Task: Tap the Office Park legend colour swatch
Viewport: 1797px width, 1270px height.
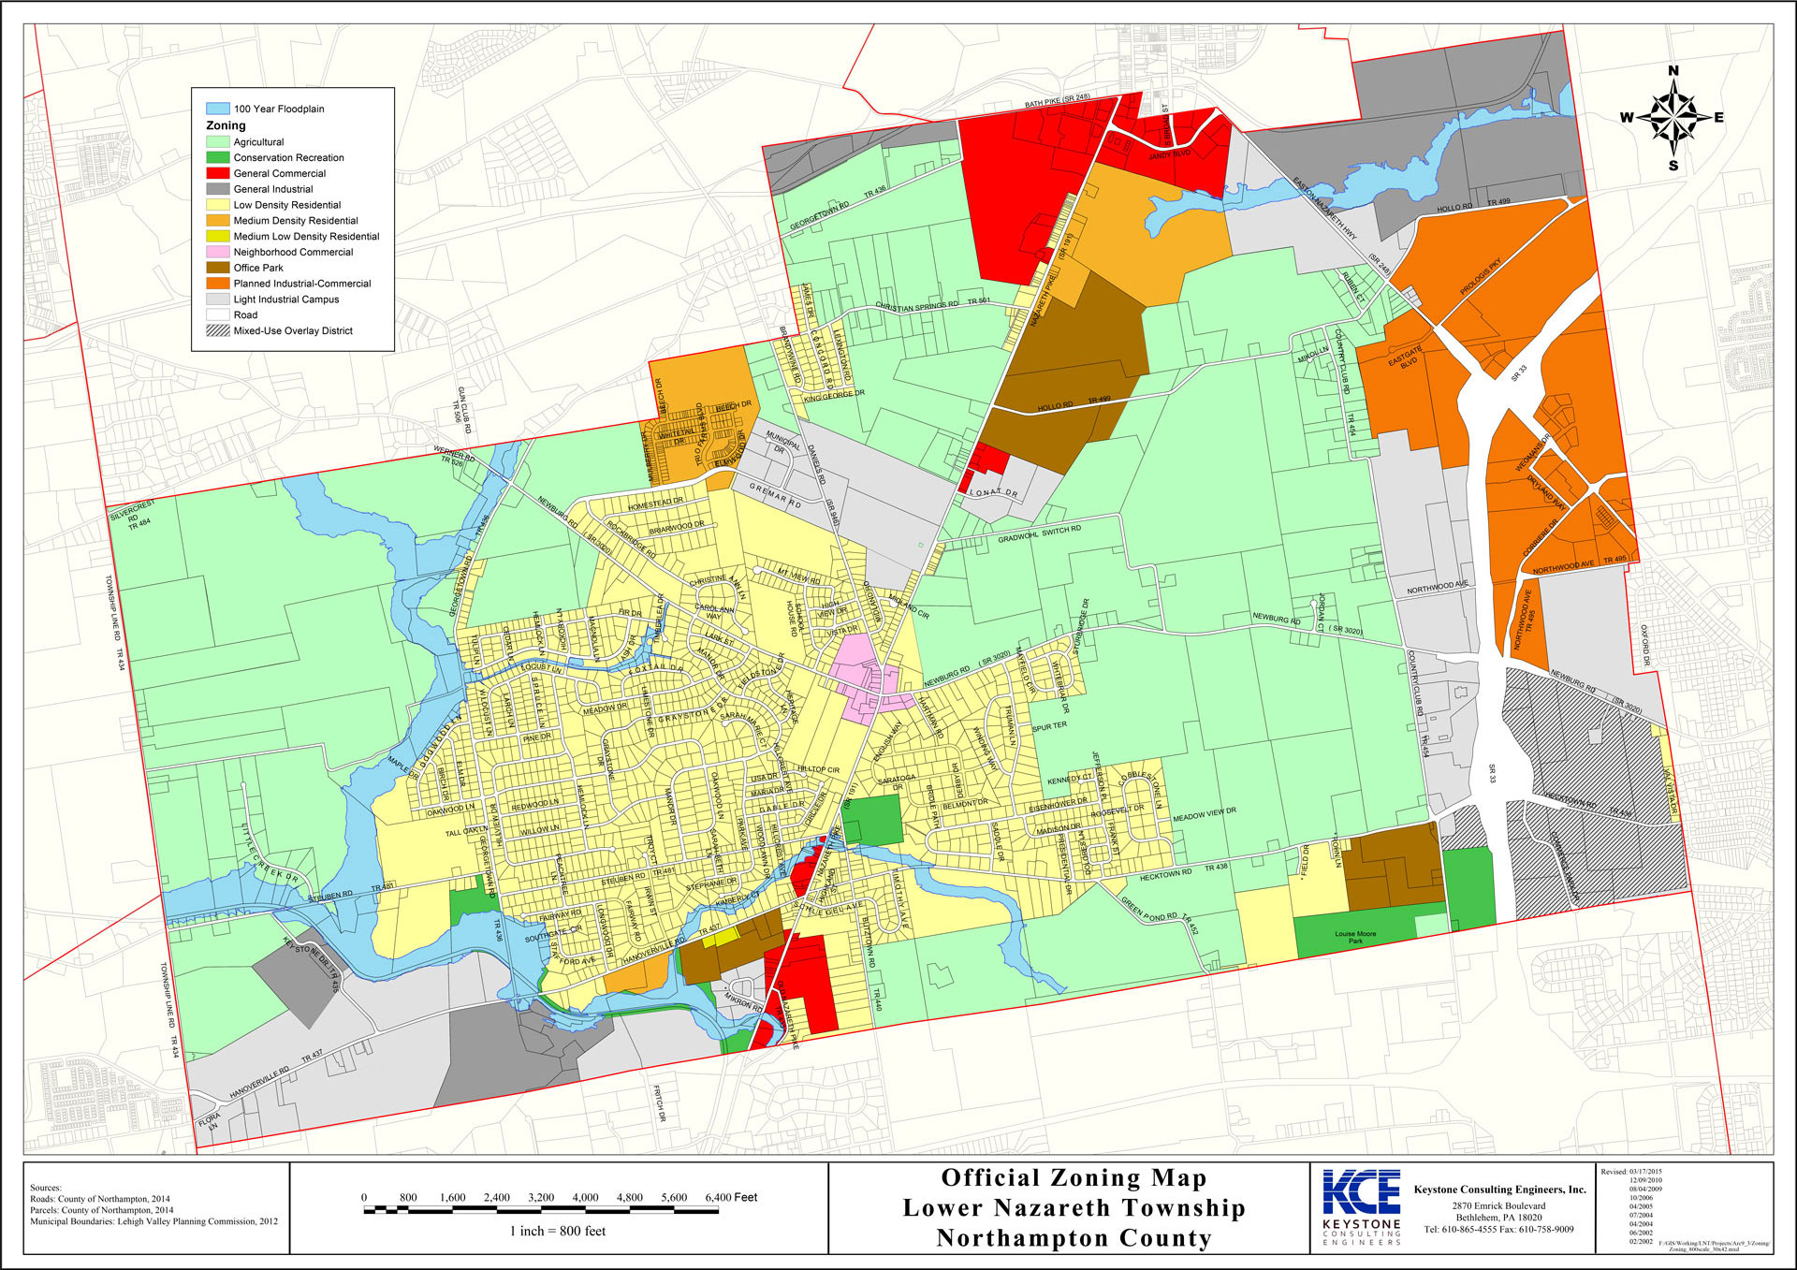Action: pyautogui.click(x=217, y=268)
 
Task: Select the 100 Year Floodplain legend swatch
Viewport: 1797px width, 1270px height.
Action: pyautogui.click(x=217, y=109)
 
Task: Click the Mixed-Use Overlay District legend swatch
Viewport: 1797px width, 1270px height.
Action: pyautogui.click(x=217, y=330)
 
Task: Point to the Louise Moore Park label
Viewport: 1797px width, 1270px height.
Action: pyautogui.click(x=1355, y=937)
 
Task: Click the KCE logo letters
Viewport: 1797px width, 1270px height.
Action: pyautogui.click(x=1361, y=1192)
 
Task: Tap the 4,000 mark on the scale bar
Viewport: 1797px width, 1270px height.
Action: pyautogui.click(x=585, y=1198)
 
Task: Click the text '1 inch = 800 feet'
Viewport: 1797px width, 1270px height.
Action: pyautogui.click(x=558, y=1231)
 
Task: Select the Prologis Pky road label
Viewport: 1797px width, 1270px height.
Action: pyautogui.click(x=1480, y=277)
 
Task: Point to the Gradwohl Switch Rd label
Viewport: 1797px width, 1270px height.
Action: pyautogui.click(x=1039, y=534)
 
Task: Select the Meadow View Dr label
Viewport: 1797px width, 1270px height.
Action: pyautogui.click(x=1205, y=813)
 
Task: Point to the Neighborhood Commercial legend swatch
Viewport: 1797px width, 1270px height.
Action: pyautogui.click(x=217, y=252)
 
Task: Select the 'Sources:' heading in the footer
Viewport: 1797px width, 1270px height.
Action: pyautogui.click(x=46, y=1188)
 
